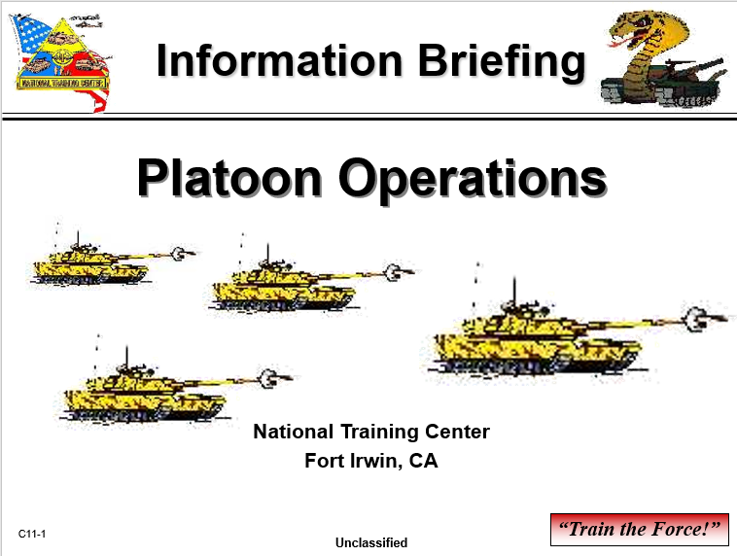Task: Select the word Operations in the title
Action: tap(471, 179)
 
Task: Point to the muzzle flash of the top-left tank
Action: tap(179, 253)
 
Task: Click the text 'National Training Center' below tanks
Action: tap(370, 432)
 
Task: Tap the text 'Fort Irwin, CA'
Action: tap(370, 461)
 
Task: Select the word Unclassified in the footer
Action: tap(370, 542)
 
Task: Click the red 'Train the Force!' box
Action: tap(639, 530)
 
